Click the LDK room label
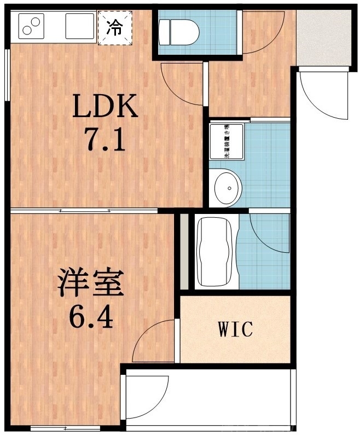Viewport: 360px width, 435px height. click(x=105, y=107)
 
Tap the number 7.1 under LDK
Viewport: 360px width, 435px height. click(x=105, y=140)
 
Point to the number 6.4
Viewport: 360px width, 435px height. click(x=91, y=316)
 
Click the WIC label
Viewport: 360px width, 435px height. click(x=236, y=329)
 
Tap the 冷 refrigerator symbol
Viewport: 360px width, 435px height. click(x=114, y=27)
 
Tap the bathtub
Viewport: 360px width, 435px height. click(x=215, y=251)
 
